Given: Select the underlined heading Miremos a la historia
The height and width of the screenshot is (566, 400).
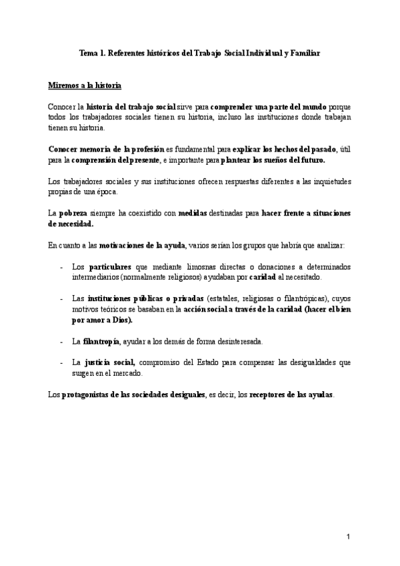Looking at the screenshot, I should [85, 86].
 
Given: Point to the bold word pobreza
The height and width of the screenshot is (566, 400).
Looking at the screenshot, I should [74, 213].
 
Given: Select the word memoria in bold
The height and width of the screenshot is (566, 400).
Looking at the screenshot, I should [97, 150].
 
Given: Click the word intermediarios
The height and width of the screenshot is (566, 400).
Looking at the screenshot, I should [98, 276].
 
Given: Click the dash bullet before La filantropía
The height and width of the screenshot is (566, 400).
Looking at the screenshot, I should [61, 341].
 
